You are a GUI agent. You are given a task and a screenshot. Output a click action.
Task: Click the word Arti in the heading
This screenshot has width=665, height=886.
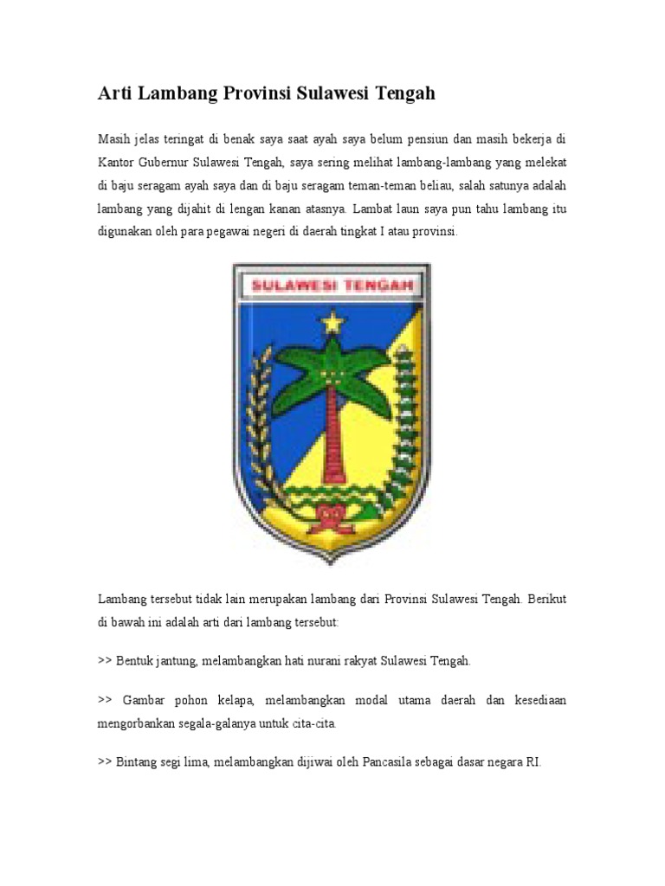coord(115,93)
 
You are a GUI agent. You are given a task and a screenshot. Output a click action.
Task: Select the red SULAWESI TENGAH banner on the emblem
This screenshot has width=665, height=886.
coord(332,285)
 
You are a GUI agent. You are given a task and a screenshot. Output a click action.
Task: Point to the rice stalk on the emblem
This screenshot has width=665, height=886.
coord(257,424)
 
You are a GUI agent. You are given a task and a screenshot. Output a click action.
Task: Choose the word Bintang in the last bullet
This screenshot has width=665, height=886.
coord(137,762)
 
